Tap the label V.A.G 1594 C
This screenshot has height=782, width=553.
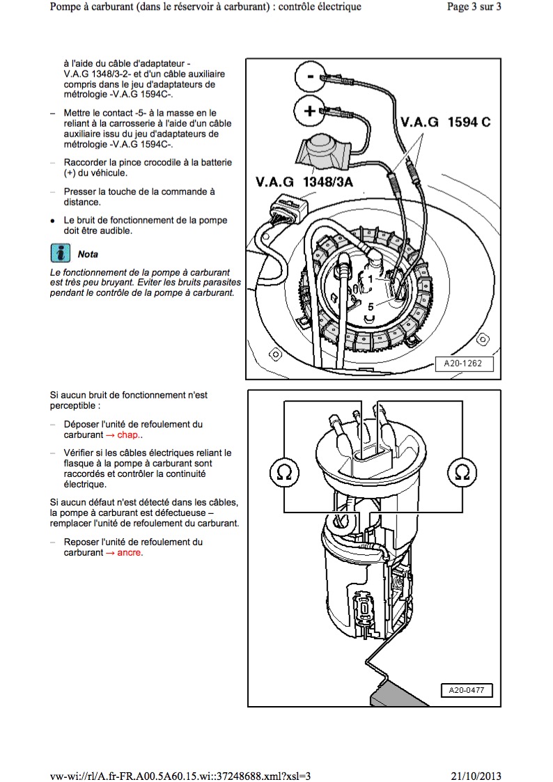pos(446,122)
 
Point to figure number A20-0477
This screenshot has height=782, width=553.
pos(466,690)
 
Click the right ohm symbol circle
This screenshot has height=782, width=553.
pos(461,472)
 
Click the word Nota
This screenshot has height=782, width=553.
pos(88,254)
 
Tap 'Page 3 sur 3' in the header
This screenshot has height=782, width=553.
pos(472,8)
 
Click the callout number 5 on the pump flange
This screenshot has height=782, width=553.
pos(371,305)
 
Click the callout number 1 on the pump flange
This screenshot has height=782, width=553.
pos(371,279)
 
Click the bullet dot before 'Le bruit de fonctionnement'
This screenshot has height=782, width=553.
pos(52,221)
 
